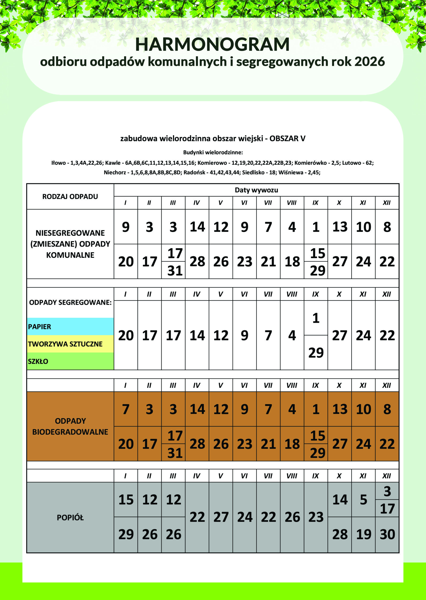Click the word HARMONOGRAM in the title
213,45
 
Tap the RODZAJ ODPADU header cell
70,196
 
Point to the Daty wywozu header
256,190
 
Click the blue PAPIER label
40,327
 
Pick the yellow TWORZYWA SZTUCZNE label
65,344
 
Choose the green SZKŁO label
38,361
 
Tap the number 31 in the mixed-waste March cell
175,270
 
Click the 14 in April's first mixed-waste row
197,227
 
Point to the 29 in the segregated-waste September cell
316,352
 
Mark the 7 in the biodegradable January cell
126,409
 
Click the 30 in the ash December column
387,534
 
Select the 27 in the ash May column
221,517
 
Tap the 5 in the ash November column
363,500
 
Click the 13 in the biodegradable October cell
340,409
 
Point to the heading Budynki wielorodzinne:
213,152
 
